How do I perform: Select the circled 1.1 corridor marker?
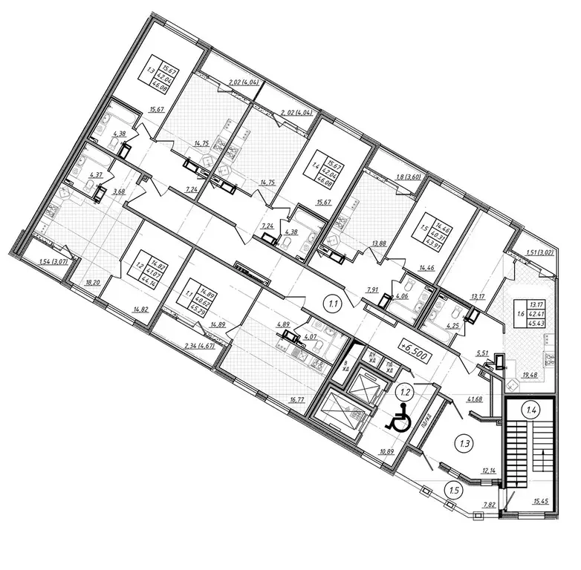coord(334,302)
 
